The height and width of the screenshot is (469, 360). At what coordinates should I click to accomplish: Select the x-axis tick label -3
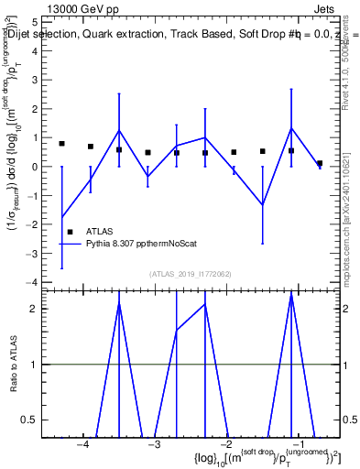153,444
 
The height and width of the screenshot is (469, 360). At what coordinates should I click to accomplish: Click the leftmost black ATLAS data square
62,144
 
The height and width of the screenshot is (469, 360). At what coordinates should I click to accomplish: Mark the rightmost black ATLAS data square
320,163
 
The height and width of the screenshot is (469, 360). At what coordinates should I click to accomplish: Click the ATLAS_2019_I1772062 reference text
191,274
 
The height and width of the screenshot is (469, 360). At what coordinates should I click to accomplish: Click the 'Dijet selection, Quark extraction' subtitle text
110,34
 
